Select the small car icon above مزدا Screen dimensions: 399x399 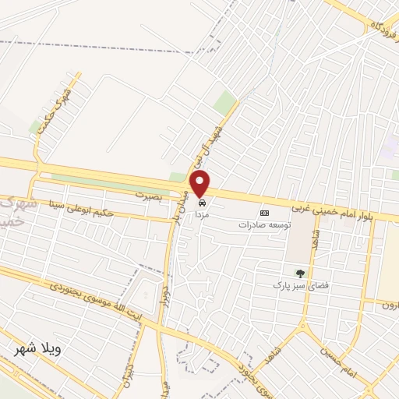(203, 201)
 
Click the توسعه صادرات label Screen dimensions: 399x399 (264, 224)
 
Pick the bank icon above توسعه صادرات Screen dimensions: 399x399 (264, 213)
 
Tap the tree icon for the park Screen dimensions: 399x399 (300, 274)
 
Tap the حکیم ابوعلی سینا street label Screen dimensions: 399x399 (81, 209)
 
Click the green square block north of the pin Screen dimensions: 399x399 (225, 102)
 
